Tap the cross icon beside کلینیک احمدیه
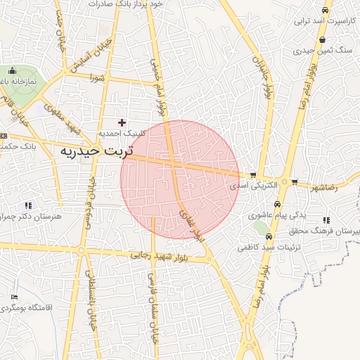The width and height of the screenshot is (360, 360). coord(122,123)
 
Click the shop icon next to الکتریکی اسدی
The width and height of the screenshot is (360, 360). coord(252,175)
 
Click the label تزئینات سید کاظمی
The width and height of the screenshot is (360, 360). coord(264,247)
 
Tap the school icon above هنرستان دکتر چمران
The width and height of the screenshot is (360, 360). coord(28,205)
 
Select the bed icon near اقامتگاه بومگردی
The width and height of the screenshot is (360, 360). coord(15,297)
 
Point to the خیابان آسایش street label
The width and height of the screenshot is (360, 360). coord(74,57)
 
